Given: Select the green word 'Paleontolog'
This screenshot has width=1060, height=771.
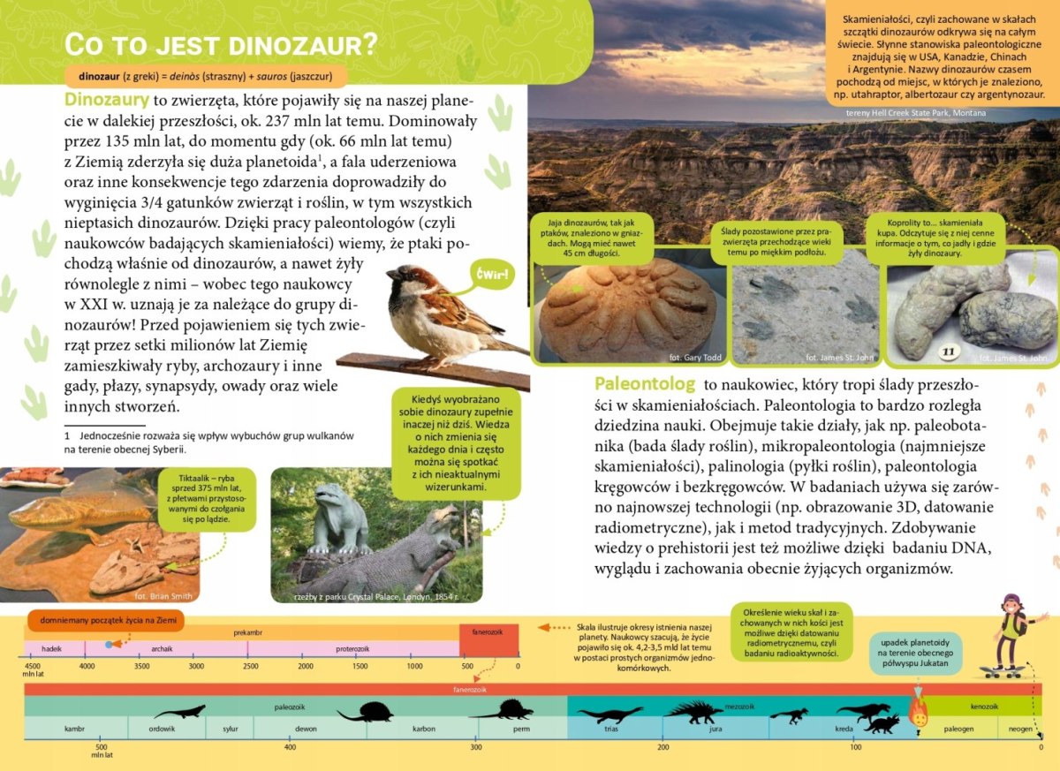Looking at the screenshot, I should (646, 384).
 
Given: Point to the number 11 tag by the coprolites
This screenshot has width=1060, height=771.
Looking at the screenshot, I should (949, 351).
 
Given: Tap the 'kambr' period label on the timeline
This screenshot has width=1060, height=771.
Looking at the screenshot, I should (75, 729).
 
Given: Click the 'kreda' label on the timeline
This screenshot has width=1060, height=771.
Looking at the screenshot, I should (843, 729).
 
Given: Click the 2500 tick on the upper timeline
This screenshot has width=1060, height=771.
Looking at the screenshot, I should (251, 665).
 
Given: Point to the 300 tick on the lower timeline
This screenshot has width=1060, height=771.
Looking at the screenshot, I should (476, 747).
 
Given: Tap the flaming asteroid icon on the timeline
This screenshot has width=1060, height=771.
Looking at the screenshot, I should (920, 712).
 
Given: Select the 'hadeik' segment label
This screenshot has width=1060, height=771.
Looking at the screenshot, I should (51, 648).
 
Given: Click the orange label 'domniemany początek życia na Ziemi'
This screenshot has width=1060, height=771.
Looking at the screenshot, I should (105, 621).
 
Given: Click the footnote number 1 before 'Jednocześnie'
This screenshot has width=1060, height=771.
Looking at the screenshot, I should (66, 435).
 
